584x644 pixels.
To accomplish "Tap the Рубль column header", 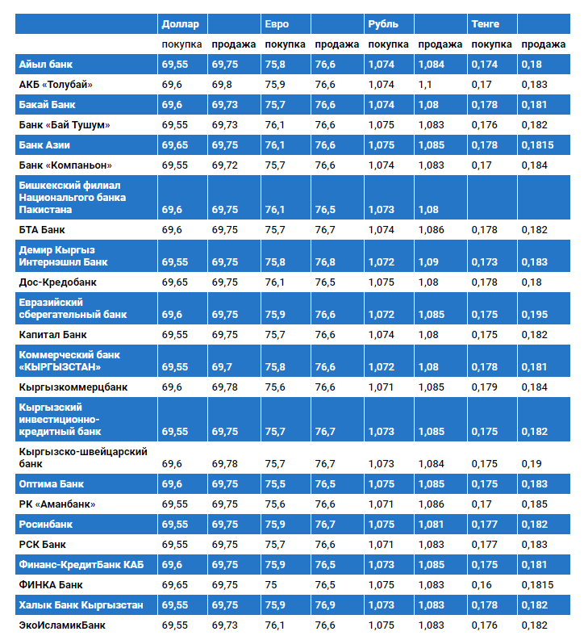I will point(383,23).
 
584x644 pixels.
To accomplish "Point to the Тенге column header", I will point(486,23).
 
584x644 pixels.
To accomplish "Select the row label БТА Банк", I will point(41,230).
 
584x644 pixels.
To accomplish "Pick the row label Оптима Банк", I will point(52,484).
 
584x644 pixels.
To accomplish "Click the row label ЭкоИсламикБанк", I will point(61,625).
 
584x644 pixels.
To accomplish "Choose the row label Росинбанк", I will point(47,525).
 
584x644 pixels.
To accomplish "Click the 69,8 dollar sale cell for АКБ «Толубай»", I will point(222,84).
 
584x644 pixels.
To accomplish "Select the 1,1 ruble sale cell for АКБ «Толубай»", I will point(426,84).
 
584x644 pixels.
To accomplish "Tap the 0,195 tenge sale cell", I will point(534,315).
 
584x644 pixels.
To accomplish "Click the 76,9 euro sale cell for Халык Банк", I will point(325,604).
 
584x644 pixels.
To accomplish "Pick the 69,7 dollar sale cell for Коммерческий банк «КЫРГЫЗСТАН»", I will point(222,367).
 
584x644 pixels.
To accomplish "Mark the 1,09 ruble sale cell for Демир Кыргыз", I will point(429,262).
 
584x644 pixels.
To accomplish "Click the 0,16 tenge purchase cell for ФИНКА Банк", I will point(482,584).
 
